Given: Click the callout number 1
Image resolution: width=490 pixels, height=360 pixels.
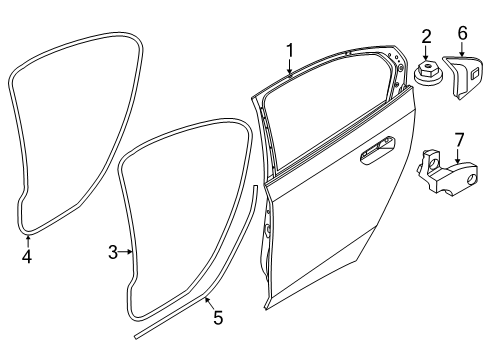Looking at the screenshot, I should [290, 49].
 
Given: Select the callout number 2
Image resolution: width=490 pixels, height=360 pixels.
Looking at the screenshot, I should [426, 38].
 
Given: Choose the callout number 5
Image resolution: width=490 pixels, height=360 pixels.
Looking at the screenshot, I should [218, 319].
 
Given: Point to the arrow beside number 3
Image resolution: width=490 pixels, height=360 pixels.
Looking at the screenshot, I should [128, 252].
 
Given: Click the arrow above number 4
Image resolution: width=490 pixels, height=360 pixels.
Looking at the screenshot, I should [28, 240].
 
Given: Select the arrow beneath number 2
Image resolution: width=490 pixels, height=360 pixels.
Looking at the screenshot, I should [427, 57].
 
